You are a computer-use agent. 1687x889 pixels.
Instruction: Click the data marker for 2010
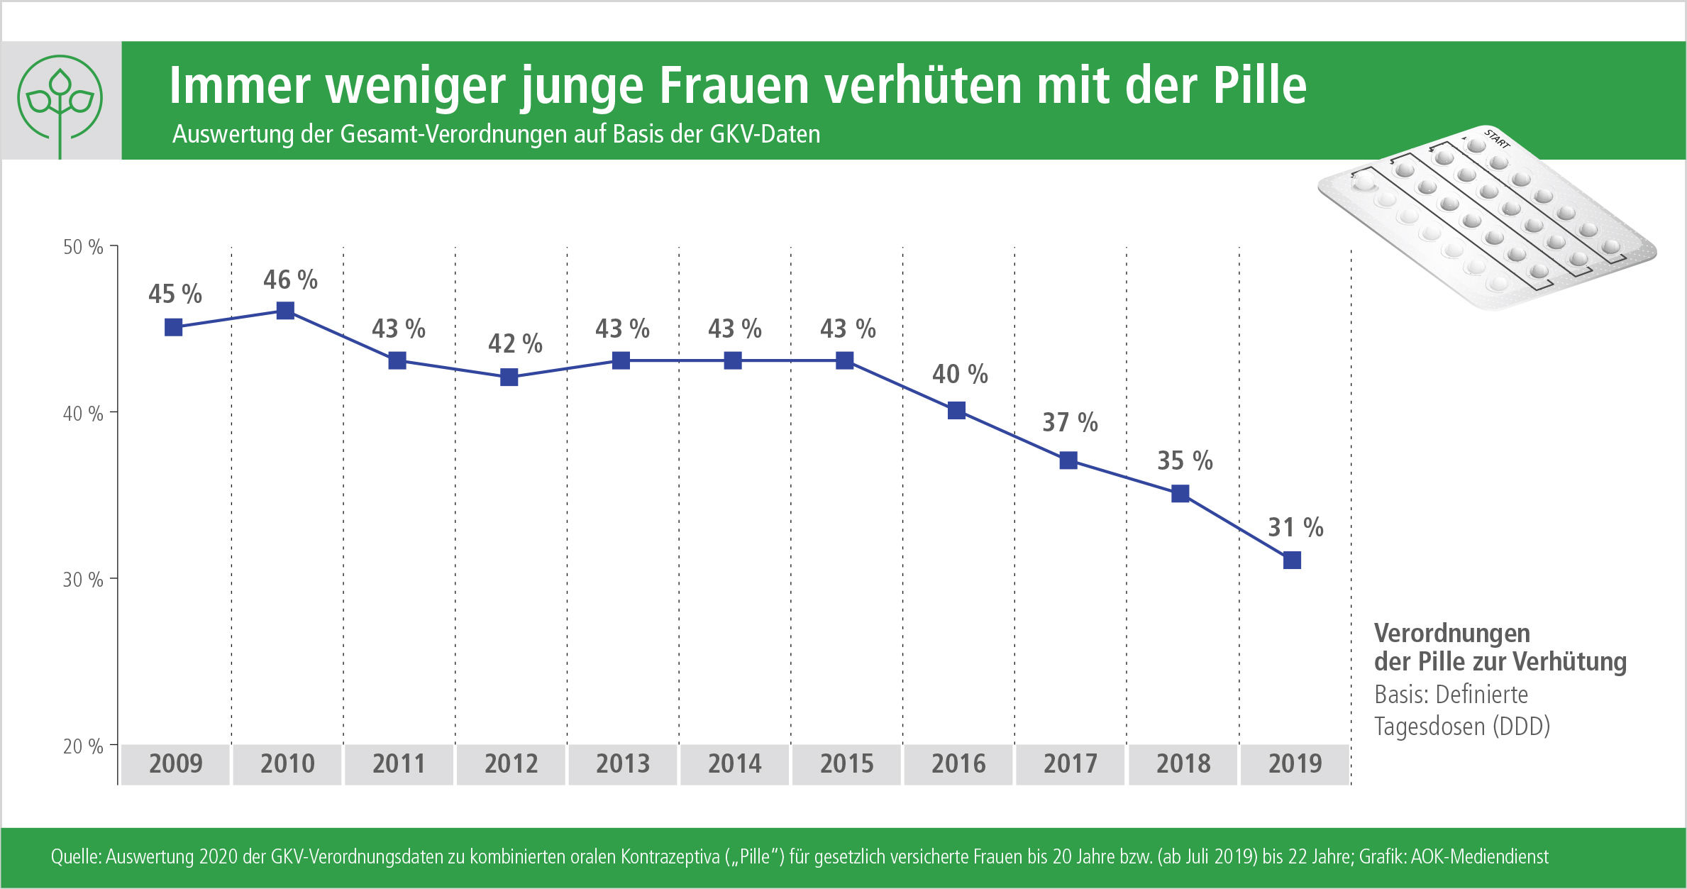coord(285,311)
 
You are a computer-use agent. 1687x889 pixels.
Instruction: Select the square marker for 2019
coord(1292,561)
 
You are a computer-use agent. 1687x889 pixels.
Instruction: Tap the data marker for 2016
coord(956,411)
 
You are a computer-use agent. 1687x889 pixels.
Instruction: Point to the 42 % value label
coord(515,344)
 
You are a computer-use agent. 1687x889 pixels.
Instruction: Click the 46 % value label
coord(290,280)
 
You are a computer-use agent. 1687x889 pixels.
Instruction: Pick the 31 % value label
coord(1295,528)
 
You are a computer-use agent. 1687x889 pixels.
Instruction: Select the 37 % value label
coord(1070,423)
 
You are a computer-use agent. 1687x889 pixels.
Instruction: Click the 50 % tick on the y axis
coord(83,248)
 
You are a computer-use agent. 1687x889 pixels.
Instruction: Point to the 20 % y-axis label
coord(83,746)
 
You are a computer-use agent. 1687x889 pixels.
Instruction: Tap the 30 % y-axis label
coord(83,580)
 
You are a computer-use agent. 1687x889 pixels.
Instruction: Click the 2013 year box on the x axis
coord(622,764)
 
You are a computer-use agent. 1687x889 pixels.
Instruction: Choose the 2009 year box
coord(175,764)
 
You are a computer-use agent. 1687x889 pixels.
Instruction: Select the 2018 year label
coord(1183,764)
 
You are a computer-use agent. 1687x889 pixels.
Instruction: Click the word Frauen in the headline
coord(734,87)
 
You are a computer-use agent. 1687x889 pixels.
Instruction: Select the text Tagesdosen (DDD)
coord(1461,727)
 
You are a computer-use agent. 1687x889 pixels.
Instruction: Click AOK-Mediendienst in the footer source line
coord(1479,857)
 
